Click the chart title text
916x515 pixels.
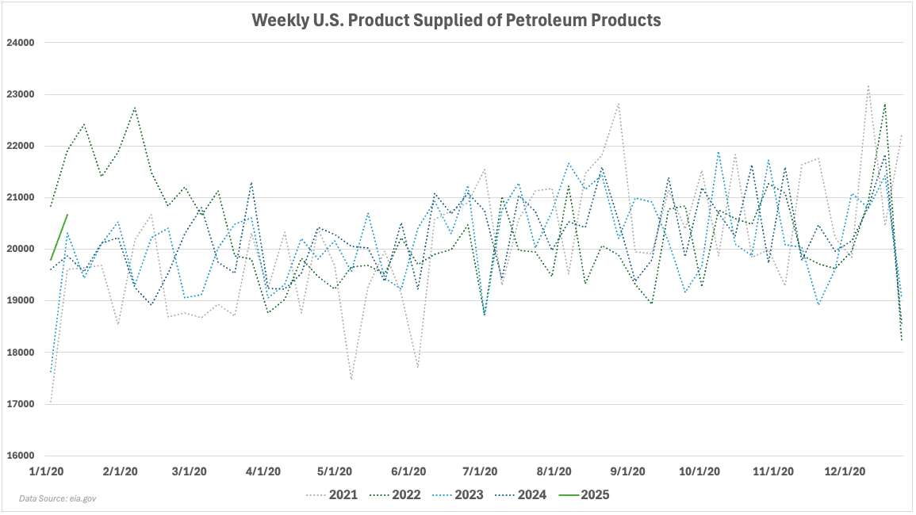(x=456, y=21)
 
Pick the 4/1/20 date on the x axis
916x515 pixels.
(x=263, y=471)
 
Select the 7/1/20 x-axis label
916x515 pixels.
(x=480, y=471)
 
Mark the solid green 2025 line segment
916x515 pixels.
(x=59, y=236)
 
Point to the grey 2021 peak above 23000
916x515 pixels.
(x=868, y=86)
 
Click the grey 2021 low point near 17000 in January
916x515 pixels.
(x=52, y=402)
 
